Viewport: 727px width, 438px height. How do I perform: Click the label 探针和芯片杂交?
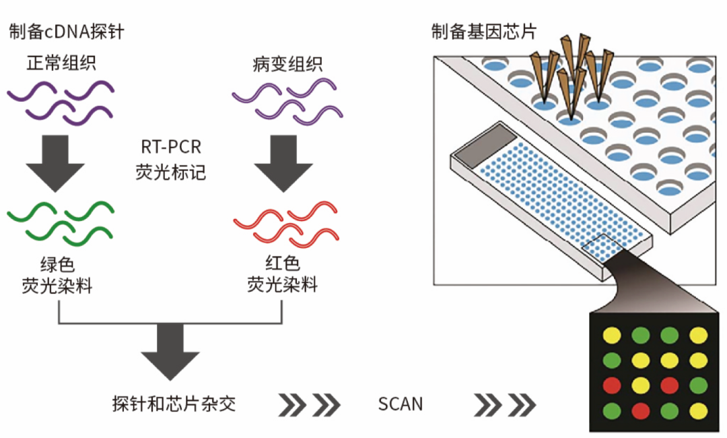click(x=174, y=404)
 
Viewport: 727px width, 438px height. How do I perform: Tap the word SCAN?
click(x=401, y=404)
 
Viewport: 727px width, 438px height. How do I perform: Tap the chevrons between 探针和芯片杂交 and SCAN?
click(x=310, y=404)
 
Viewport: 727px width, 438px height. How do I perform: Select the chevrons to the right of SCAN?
click(x=505, y=404)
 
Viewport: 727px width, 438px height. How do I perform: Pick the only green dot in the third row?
click(x=698, y=385)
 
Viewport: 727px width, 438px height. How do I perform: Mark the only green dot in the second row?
click(x=611, y=360)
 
